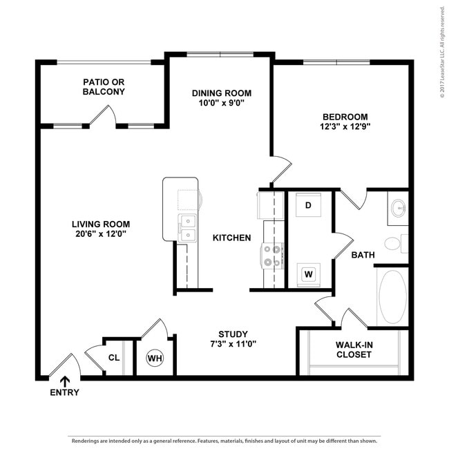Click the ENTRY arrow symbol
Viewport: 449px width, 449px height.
(x=65, y=381)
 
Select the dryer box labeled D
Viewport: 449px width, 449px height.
(x=308, y=205)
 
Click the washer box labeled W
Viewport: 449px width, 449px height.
(x=308, y=274)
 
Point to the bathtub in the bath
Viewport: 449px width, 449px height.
(x=392, y=297)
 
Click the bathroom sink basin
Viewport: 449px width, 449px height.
(x=398, y=208)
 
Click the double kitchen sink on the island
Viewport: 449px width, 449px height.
(x=187, y=229)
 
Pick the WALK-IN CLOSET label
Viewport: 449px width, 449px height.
(x=354, y=350)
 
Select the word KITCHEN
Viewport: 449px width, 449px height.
(x=231, y=238)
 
